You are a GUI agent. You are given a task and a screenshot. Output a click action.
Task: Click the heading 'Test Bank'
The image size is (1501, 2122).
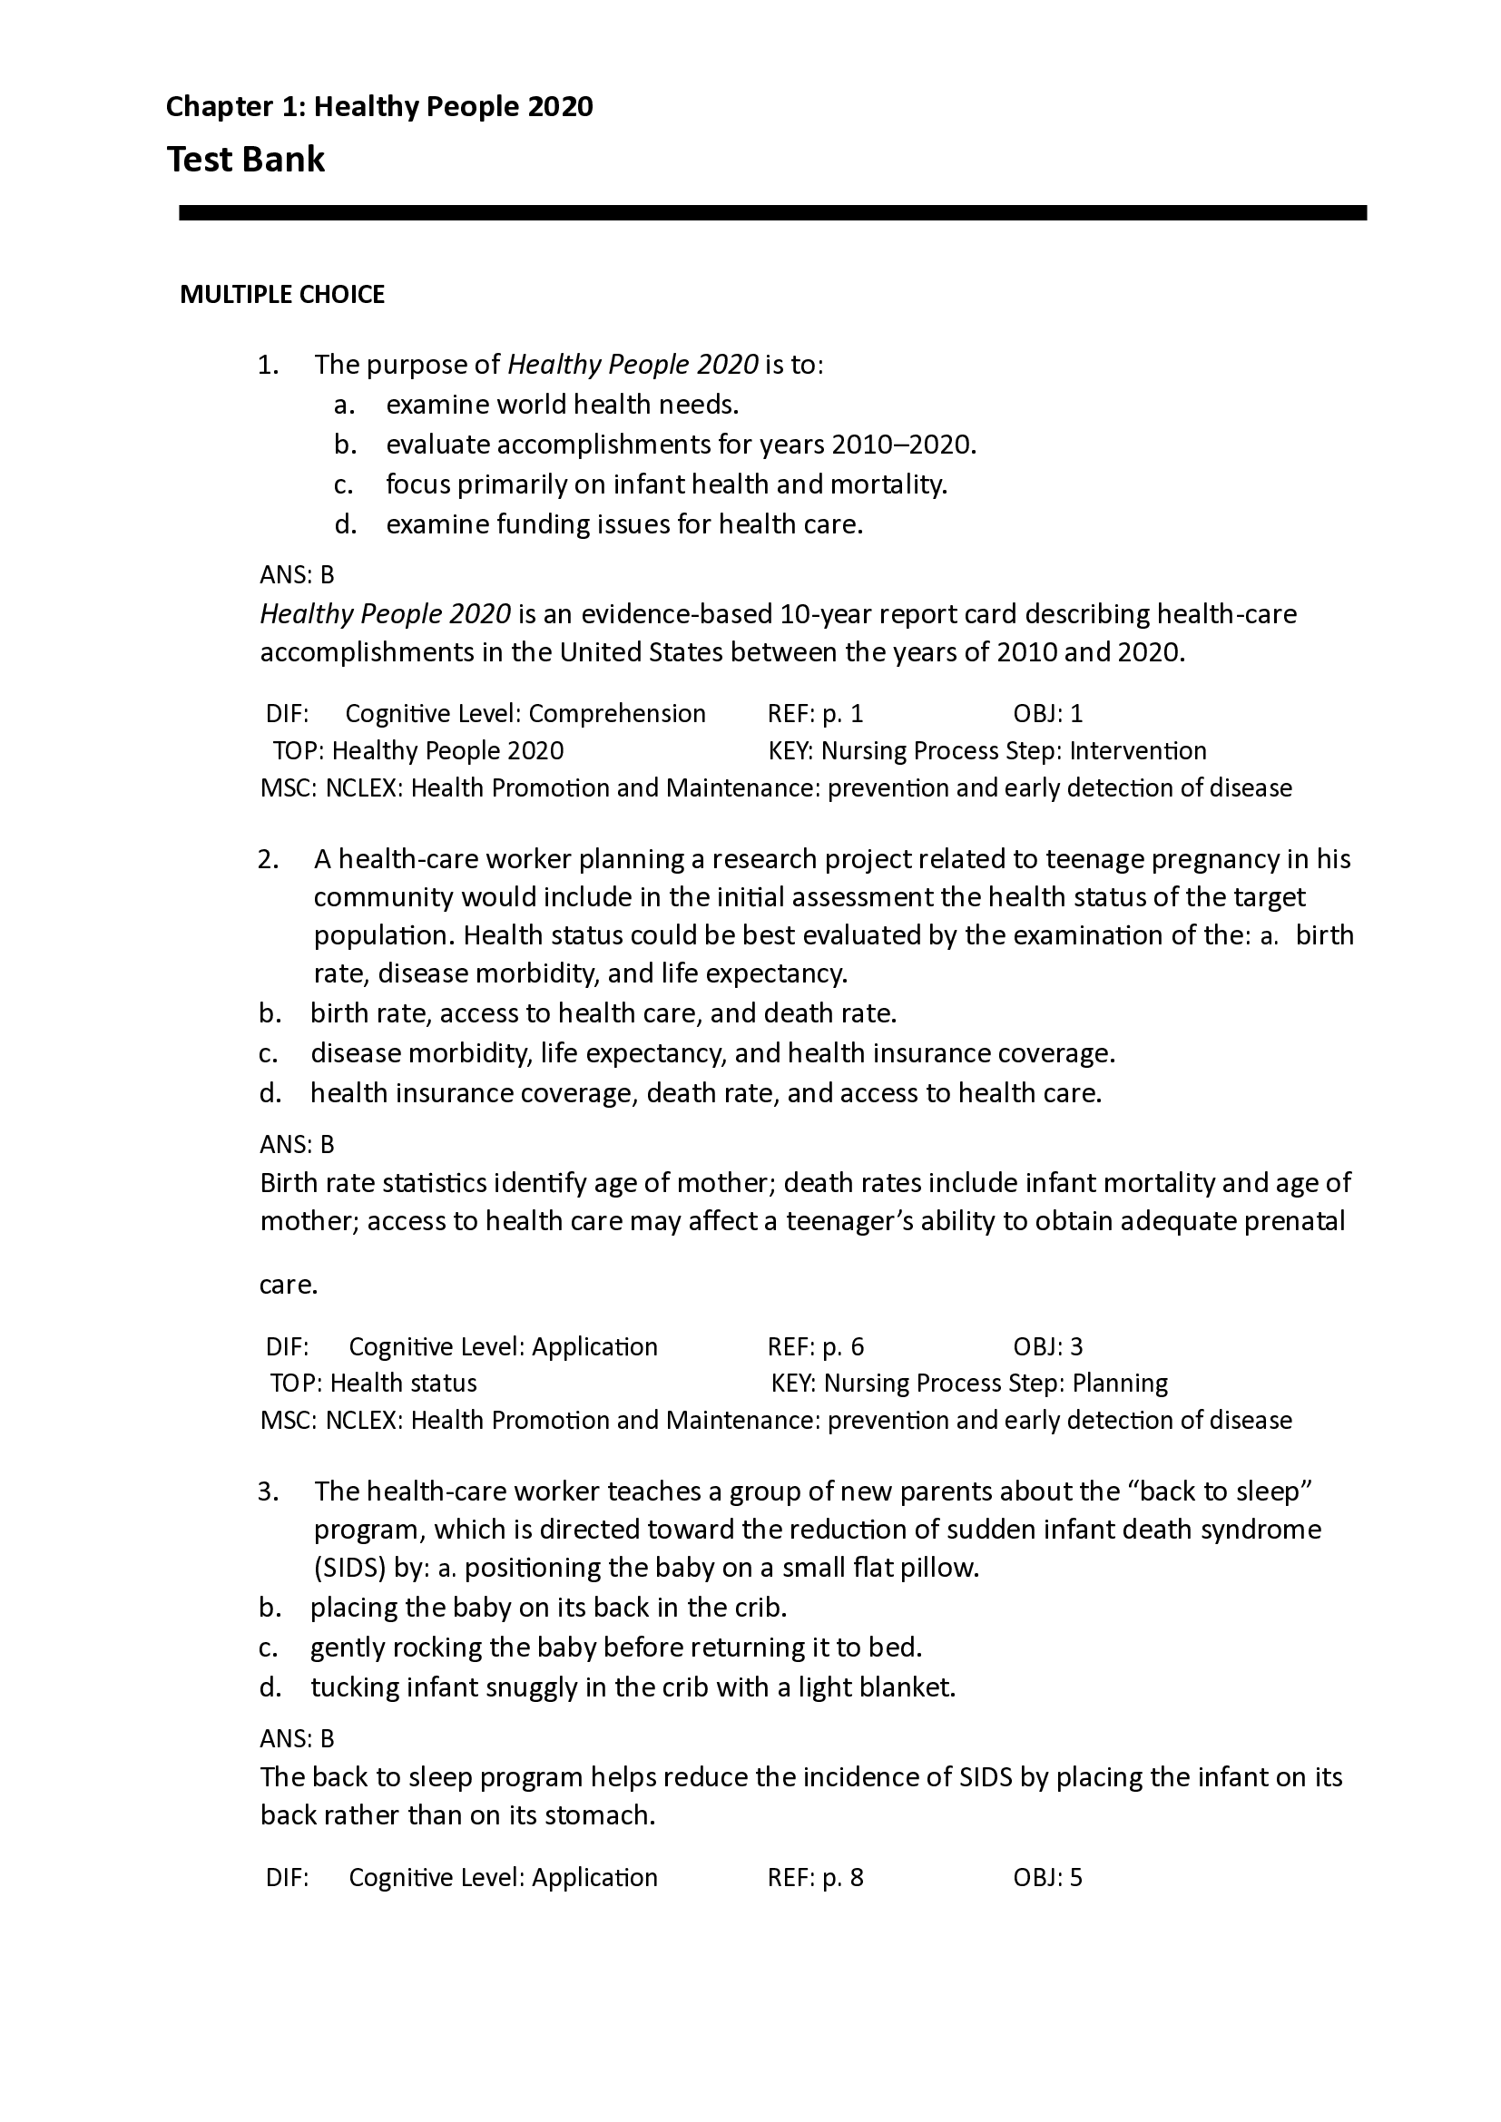tap(245, 160)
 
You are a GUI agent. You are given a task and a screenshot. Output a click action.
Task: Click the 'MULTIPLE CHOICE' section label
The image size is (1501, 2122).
tap(282, 295)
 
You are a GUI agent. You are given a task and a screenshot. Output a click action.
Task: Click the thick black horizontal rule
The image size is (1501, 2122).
tap(771, 212)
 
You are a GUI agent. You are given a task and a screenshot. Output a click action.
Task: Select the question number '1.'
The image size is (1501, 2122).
tap(268, 365)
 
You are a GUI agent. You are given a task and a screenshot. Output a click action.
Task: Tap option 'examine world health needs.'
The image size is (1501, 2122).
tap(562, 405)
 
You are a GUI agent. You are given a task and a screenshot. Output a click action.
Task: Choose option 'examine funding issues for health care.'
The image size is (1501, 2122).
tap(623, 525)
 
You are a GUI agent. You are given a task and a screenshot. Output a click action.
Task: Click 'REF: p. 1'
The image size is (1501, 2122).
tap(814, 713)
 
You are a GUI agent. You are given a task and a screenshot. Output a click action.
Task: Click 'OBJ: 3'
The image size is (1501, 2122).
tap(1047, 1346)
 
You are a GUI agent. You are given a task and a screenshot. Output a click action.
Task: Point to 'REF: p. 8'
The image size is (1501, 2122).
tap(814, 1877)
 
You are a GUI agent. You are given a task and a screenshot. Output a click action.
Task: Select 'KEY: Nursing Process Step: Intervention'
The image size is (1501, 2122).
tap(987, 750)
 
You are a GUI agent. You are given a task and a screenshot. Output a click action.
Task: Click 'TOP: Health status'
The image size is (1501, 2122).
tap(373, 1383)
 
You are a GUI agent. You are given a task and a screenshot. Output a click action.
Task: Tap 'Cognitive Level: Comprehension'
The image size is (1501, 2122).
tap(525, 713)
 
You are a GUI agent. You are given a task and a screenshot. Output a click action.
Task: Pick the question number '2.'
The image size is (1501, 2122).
tap(268, 859)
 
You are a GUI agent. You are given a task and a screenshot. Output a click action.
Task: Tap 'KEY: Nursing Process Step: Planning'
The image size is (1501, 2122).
tap(968, 1383)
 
